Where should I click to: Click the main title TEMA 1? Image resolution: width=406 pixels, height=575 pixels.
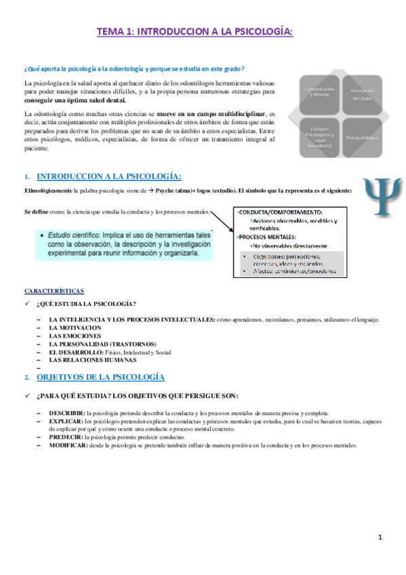coord(195,31)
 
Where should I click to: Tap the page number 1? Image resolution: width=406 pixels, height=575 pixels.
coord(380,538)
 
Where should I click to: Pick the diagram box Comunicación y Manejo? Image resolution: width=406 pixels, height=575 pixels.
coord(320,92)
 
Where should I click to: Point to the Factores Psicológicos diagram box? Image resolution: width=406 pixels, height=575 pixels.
coord(320,137)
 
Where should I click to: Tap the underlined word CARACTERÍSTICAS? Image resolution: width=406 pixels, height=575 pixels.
coord(54,290)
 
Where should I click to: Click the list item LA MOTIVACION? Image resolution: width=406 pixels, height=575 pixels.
coord(75,328)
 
